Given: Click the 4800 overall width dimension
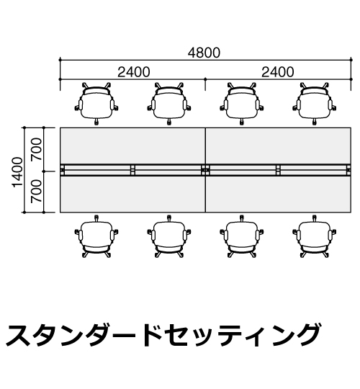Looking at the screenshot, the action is click(x=204, y=53).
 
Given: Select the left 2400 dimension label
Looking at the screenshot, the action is click(x=134, y=72).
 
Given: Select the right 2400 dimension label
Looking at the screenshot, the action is click(x=278, y=72).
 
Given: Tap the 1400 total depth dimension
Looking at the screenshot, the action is click(x=18, y=172).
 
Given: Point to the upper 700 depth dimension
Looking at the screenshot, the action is click(x=36, y=149).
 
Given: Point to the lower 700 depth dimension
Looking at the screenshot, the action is click(x=36, y=192).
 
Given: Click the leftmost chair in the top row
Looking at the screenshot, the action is click(x=96, y=104).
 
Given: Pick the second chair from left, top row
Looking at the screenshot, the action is click(x=169, y=104).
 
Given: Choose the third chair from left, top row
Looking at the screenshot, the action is click(x=242, y=104).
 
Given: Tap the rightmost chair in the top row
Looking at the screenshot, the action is click(x=315, y=104).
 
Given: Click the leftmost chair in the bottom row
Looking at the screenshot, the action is click(x=96, y=237).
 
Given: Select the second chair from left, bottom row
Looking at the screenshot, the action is click(x=169, y=237).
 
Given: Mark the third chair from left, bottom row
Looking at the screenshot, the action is click(x=242, y=237).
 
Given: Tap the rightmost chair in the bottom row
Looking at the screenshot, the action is click(x=315, y=237).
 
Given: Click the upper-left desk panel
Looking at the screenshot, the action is click(x=132, y=146).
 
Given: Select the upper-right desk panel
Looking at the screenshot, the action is click(x=278, y=146).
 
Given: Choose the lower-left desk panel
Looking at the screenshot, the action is click(x=132, y=194).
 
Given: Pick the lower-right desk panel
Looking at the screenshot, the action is click(x=278, y=194).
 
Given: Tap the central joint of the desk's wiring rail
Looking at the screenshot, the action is click(x=205, y=170).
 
